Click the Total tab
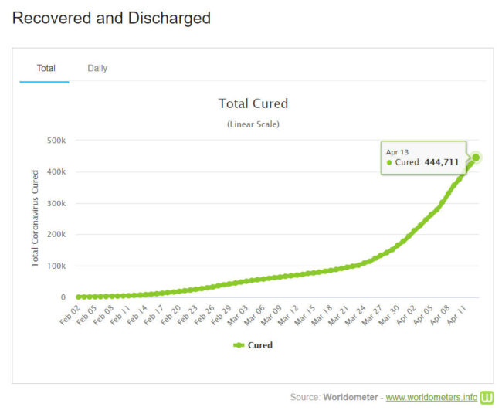pyautogui.click(x=46, y=68)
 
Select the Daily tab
pyautogui.click(x=97, y=68)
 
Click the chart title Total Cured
pyautogui.click(x=253, y=103)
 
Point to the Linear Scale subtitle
pyautogui.click(x=253, y=124)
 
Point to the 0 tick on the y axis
pyautogui.click(x=63, y=297)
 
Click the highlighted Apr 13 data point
pyautogui.click(x=476, y=158)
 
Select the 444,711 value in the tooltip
pyautogui.click(x=441, y=162)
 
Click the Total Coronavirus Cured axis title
pyautogui.click(x=36, y=219)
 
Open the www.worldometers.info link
pyautogui.click(x=432, y=398)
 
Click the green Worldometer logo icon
pyautogui.click(x=487, y=398)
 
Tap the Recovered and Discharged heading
pyautogui.click(x=112, y=18)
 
